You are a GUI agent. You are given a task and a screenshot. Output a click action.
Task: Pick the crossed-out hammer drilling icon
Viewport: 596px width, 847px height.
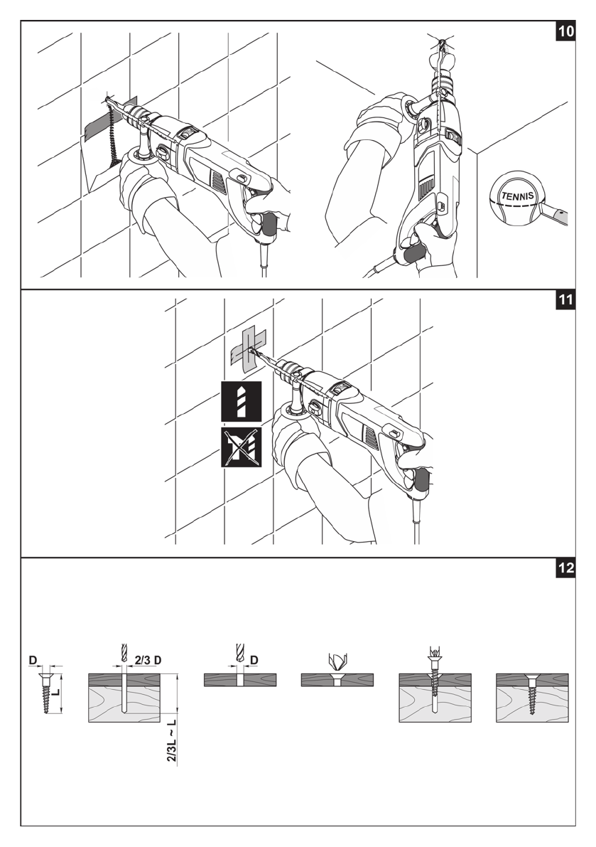pyautogui.click(x=241, y=447)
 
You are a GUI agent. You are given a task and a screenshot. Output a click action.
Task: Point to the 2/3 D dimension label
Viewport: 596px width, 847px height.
pyautogui.click(x=148, y=660)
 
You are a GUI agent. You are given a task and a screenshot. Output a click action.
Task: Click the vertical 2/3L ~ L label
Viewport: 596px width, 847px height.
pyautogui.click(x=172, y=741)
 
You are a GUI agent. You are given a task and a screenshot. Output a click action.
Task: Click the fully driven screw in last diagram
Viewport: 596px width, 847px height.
pyautogui.click(x=531, y=689)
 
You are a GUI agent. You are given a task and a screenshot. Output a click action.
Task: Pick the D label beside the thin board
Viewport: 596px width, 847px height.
pyautogui.click(x=254, y=660)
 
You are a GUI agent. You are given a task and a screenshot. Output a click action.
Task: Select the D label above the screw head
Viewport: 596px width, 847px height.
pyautogui.click(x=32, y=661)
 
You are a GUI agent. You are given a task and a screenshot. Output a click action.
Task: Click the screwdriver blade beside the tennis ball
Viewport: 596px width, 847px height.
pyautogui.click(x=558, y=213)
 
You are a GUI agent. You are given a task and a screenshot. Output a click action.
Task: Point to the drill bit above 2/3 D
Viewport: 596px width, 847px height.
pyautogui.click(x=124, y=653)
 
